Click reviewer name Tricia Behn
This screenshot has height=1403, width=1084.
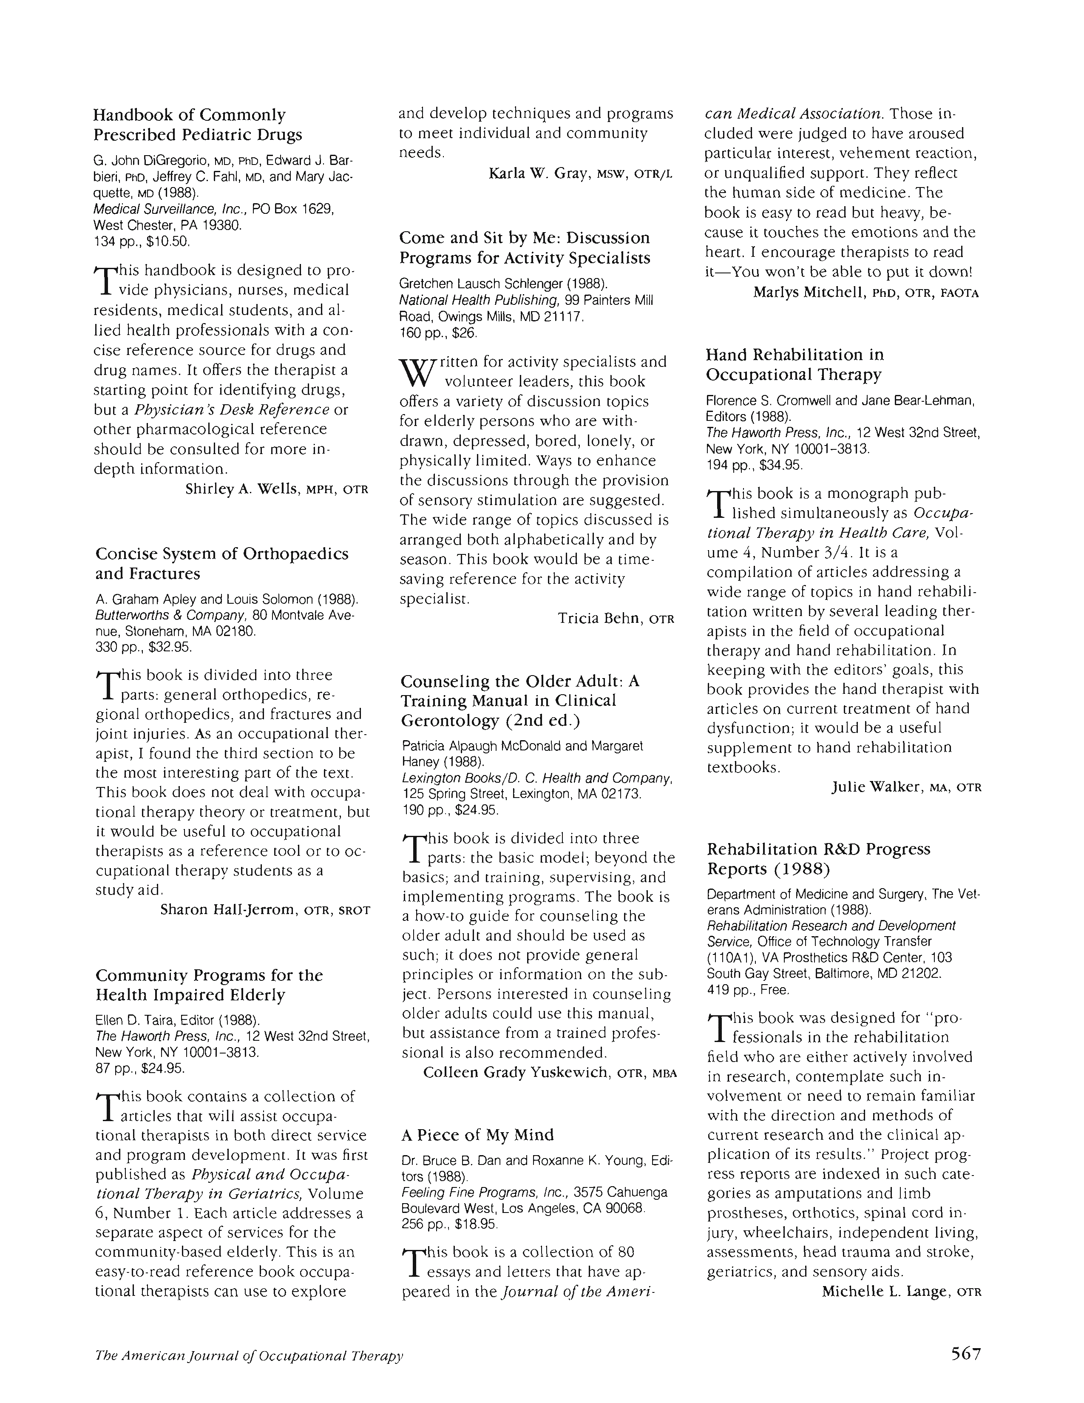tap(600, 618)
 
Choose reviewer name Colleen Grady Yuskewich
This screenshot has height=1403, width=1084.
tap(515, 1072)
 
